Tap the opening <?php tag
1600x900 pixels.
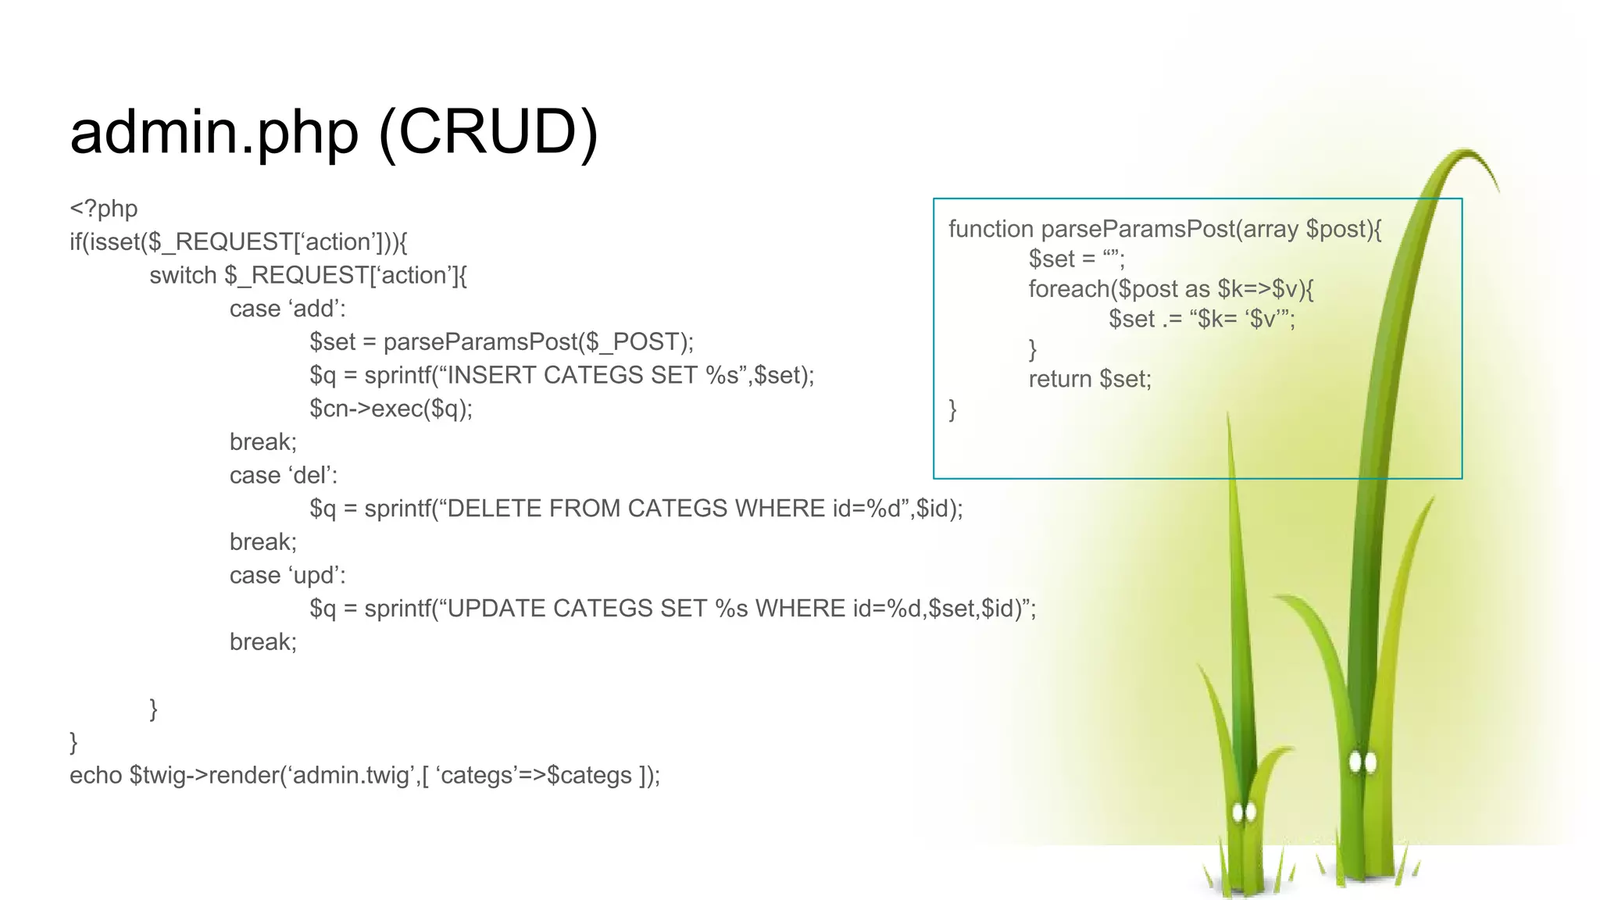tap(103, 209)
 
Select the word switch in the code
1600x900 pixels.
tap(183, 276)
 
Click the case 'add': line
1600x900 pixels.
tap(287, 309)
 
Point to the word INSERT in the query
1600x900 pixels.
tap(491, 376)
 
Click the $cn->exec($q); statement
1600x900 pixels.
tap(391, 409)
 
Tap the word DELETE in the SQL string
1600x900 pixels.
tap(495, 509)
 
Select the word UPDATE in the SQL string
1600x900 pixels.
tap(496, 609)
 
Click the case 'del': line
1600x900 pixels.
tap(283, 476)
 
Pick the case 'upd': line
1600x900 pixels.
tap(287, 576)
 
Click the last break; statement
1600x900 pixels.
tap(262, 642)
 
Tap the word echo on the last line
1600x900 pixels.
tap(95, 776)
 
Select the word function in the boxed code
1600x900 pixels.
tap(991, 230)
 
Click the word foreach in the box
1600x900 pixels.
tap(1069, 290)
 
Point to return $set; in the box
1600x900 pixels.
tap(1090, 380)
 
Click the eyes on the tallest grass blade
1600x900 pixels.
tap(1362, 762)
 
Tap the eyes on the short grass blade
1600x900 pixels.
tap(1244, 812)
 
